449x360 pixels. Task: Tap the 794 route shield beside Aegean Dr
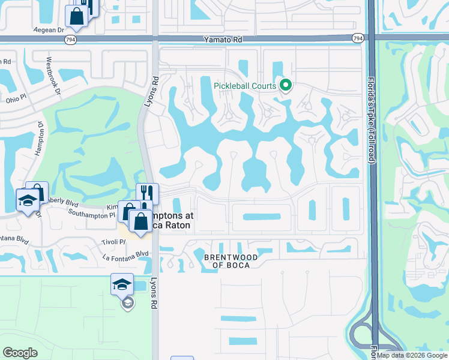click(x=71, y=39)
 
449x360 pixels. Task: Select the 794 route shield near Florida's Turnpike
click(x=357, y=38)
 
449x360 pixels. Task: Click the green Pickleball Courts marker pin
click(x=286, y=86)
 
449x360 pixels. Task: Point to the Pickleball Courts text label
click(x=245, y=86)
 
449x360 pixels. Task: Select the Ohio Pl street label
click(x=14, y=100)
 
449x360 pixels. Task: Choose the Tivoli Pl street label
click(x=113, y=242)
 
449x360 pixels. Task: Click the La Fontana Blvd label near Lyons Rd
click(x=125, y=254)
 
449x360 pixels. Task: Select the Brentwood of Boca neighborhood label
click(x=231, y=261)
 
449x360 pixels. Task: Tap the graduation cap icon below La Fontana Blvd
click(x=122, y=284)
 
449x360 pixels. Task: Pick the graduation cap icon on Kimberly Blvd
click(x=28, y=201)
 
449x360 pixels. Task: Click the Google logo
click(x=20, y=352)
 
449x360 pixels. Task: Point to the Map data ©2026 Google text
click(x=411, y=355)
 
